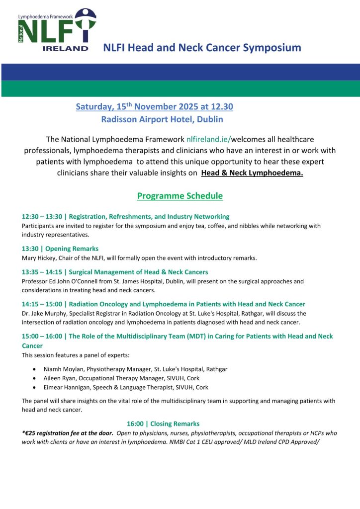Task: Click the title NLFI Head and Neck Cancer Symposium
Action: coord(202,48)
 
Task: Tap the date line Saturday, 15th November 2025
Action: coord(154,106)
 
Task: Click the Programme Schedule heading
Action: coord(180,196)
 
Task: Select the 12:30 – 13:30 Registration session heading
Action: coord(125,217)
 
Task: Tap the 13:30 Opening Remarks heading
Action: coord(60,249)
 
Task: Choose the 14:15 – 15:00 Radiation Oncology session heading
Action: coord(164,304)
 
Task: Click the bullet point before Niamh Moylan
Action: coord(33,370)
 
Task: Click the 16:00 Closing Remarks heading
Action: coord(163,424)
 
